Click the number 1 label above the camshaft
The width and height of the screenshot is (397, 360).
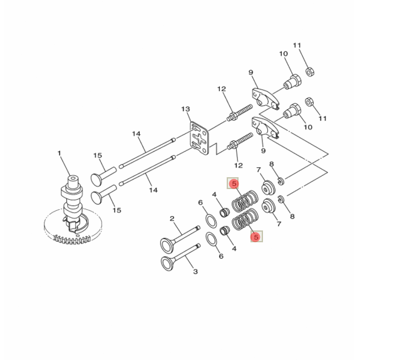pos(59,153)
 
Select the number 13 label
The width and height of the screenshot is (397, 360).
pos(185,110)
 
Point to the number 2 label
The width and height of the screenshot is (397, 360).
pos(171,219)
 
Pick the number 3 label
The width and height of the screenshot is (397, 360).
pos(195,271)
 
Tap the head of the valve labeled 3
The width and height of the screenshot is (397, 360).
pos(168,263)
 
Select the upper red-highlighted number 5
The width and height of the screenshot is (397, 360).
pos(233,184)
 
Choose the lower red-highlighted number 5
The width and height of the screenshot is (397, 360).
pos(255,237)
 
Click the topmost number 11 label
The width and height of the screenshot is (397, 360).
pos(297,46)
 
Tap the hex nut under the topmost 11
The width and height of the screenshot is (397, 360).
pos(309,71)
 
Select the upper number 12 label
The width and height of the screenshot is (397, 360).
pos(221,90)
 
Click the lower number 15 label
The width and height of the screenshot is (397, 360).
pos(115,210)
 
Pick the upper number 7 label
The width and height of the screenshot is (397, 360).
pos(259,170)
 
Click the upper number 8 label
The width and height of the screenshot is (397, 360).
pos(271,164)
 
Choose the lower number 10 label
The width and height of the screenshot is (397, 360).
pos(307,127)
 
